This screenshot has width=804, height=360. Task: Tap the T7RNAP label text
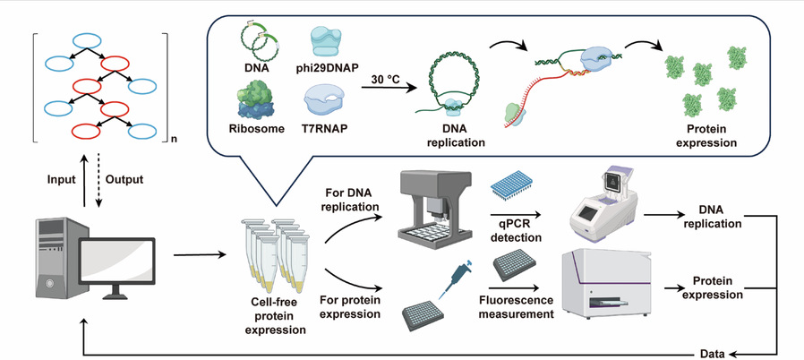tap(326, 128)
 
